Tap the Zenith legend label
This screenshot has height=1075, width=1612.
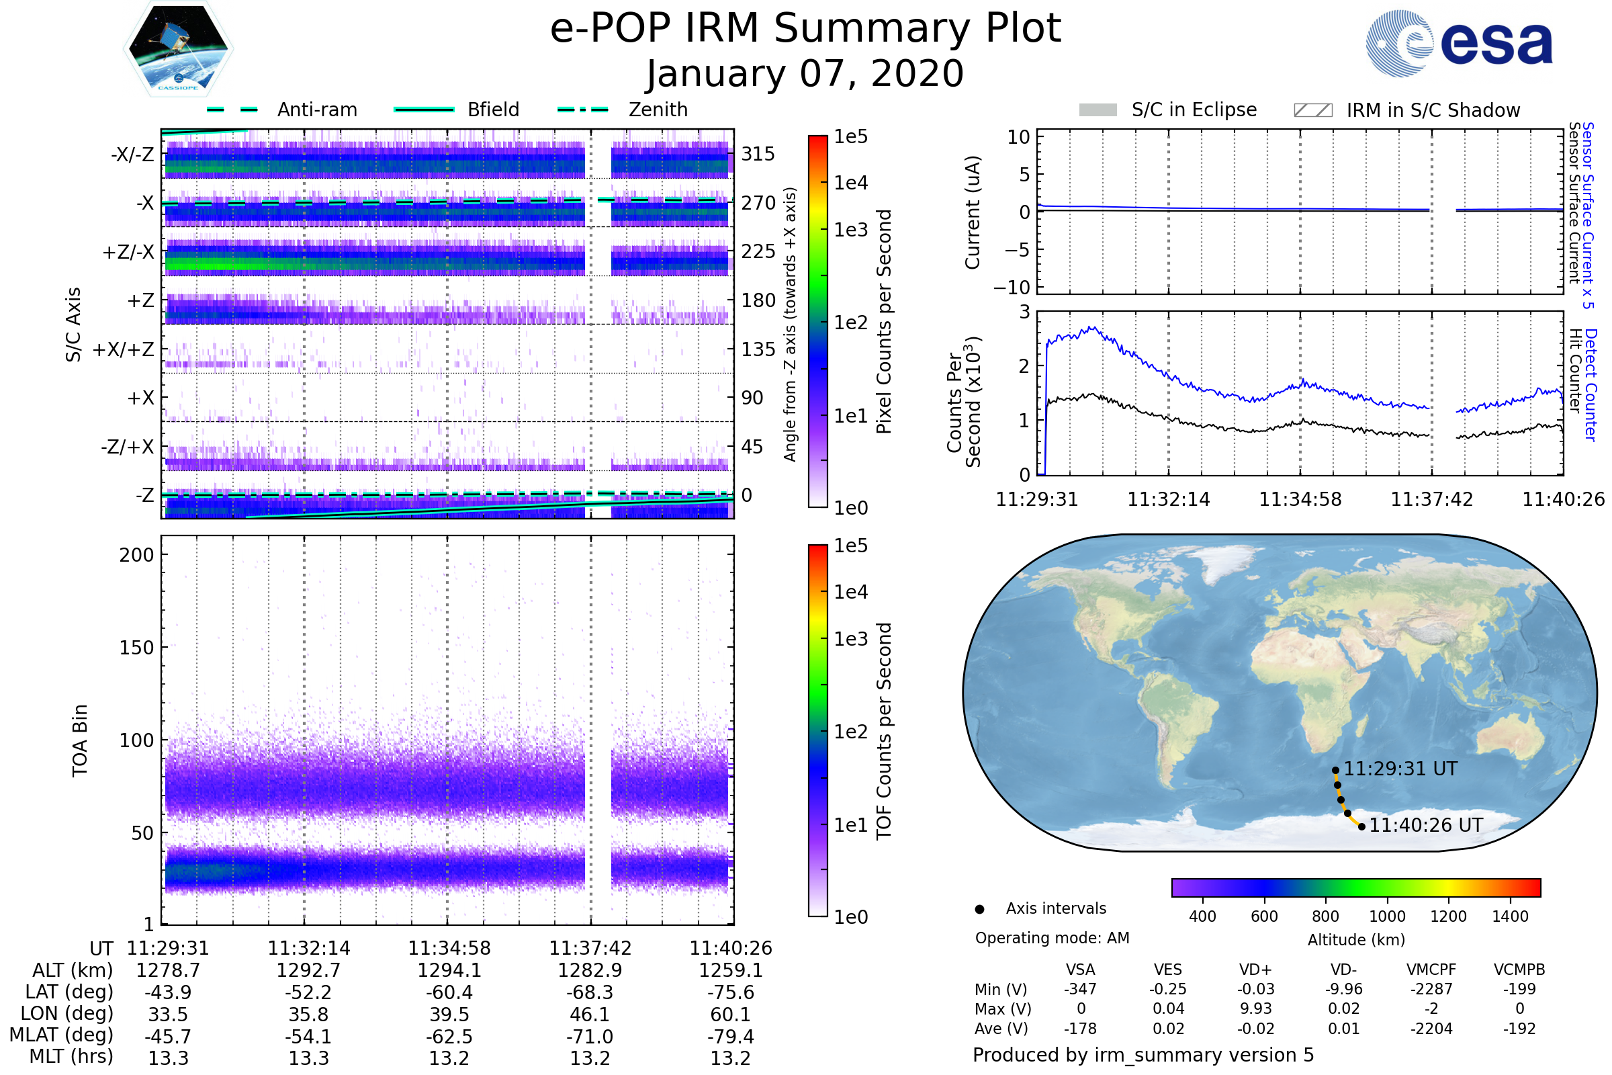point(658,110)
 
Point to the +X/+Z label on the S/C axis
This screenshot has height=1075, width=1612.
point(124,349)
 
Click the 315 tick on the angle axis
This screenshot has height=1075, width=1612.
point(758,155)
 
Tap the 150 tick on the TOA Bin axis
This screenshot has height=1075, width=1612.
point(136,648)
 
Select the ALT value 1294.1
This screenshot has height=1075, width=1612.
point(449,970)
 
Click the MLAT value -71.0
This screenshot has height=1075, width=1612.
point(590,1037)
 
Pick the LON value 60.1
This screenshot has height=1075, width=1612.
point(730,1015)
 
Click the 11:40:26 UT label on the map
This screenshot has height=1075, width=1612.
point(1425,826)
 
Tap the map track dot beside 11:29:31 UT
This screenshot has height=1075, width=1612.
point(1335,771)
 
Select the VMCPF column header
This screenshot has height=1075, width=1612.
point(1431,970)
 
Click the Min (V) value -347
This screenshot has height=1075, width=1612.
point(1080,989)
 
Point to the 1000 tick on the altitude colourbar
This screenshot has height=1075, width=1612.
point(1386,916)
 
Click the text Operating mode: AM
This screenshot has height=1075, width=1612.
point(1052,938)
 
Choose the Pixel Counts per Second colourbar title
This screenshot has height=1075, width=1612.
point(884,322)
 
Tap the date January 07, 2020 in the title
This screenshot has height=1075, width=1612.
point(805,74)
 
